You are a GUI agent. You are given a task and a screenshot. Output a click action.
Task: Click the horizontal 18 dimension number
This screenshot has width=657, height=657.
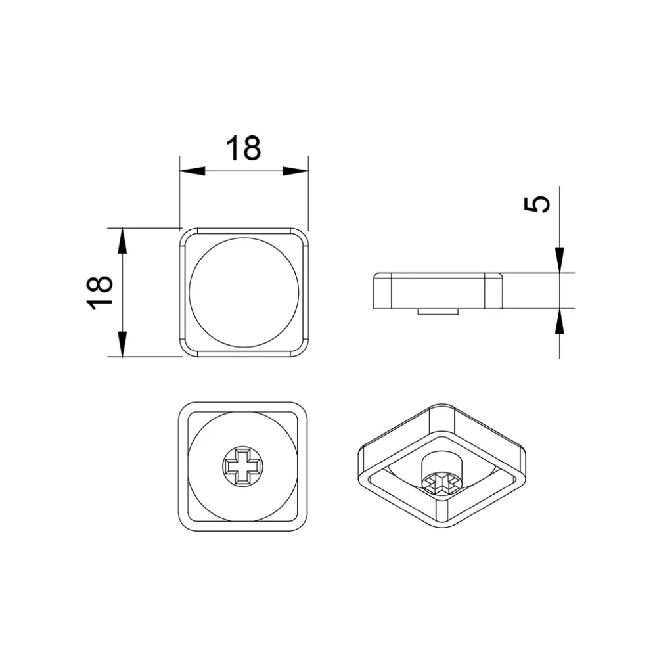(243, 148)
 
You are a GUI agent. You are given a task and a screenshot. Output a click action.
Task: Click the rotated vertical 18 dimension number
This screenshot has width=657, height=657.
(100, 292)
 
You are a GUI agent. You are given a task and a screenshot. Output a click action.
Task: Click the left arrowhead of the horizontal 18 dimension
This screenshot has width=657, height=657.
(192, 171)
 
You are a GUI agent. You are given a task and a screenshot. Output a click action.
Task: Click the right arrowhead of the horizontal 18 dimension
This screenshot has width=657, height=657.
(296, 171)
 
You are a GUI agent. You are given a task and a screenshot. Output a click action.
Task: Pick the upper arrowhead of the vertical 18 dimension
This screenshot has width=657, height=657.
(122, 241)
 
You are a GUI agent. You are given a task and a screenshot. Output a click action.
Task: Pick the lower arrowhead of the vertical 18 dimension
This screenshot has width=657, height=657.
(122, 344)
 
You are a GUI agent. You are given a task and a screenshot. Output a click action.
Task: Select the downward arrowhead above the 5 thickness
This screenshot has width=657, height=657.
(559, 260)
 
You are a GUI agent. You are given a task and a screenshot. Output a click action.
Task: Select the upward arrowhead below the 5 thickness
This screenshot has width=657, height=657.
(559, 321)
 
